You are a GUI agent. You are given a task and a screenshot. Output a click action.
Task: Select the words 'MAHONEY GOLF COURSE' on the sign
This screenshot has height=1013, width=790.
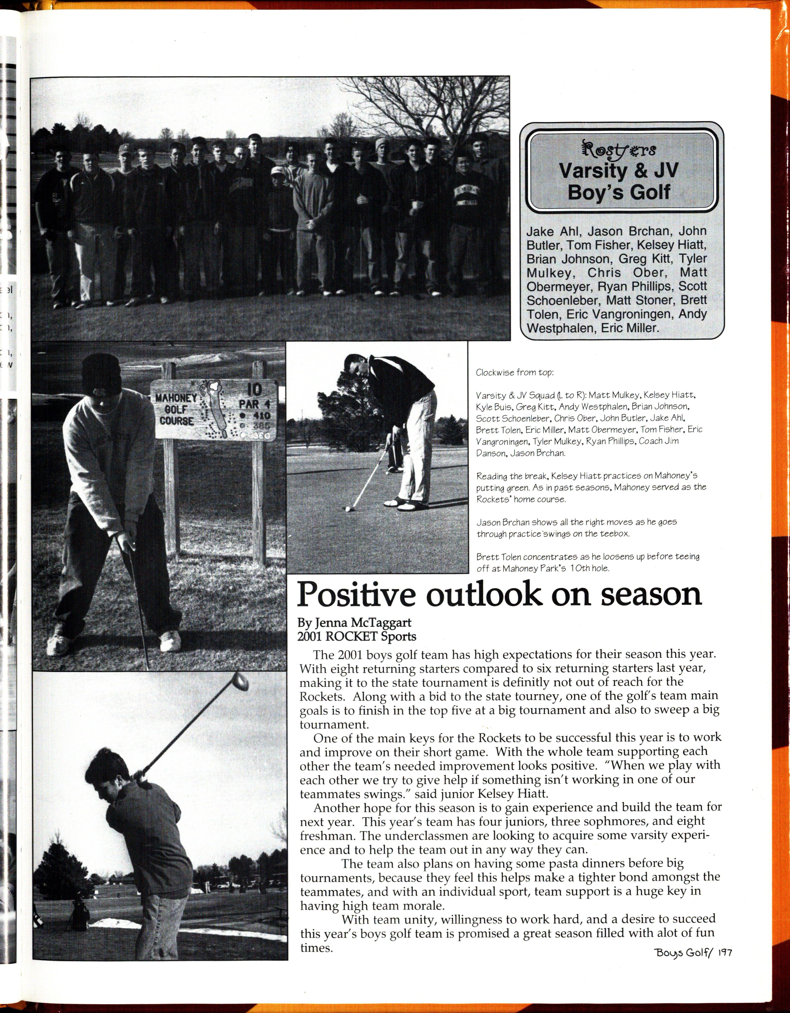click(176, 409)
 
